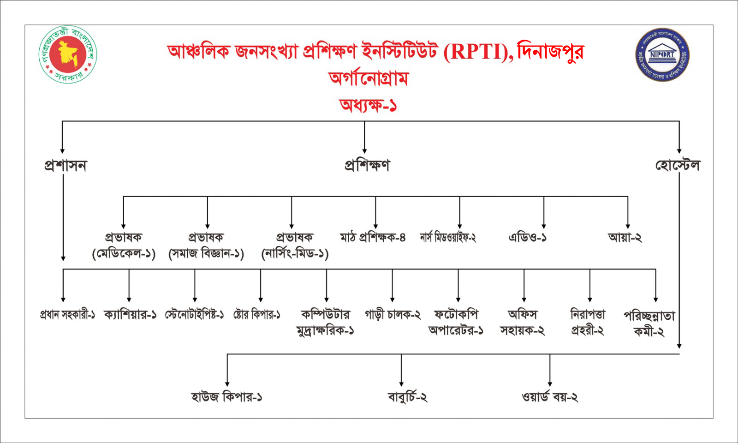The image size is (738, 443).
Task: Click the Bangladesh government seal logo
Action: pyautogui.click(x=68, y=54)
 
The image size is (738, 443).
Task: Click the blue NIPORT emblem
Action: pyautogui.click(x=662, y=54)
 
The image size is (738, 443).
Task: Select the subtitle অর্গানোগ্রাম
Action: pyautogui.click(x=369, y=78)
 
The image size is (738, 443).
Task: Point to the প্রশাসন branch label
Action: pyautogui.click(x=65, y=166)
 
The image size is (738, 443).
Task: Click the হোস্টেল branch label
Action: pyautogui.click(x=678, y=165)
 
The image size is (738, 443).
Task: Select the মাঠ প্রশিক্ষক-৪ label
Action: pyautogui.click(x=373, y=237)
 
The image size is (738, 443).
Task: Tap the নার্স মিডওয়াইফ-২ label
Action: pyautogui.click(x=448, y=237)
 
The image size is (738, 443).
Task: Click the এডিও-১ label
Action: pyautogui.click(x=528, y=237)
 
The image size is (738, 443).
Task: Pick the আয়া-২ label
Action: pyautogui.click(x=625, y=237)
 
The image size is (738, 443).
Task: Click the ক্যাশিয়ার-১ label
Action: pyautogui.click(x=130, y=315)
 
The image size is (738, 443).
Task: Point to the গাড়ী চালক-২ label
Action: pyautogui.click(x=393, y=315)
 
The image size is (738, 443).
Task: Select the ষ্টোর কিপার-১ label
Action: pyautogui.click(x=256, y=315)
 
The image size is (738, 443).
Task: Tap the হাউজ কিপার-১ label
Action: pyautogui.click(x=226, y=397)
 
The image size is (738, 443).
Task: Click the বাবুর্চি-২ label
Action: pyautogui.click(x=408, y=397)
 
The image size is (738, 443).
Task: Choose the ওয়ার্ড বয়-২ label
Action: pyautogui.click(x=550, y=397)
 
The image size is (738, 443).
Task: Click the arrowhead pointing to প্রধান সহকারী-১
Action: pyautogui.click(x=63, y=299)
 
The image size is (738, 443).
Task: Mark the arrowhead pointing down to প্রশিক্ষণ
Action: pyautogui.click(x=364, y=150)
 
